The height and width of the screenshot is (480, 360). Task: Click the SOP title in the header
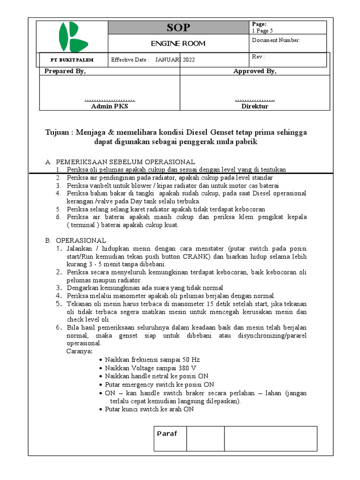(179, 28)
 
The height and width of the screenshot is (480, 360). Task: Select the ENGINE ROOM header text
(178, 44)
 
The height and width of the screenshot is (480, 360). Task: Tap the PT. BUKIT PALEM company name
(72, 60)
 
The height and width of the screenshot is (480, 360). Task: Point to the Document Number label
(276, 40)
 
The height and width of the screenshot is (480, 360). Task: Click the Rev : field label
(258, 57)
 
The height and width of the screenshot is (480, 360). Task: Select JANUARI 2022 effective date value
(175, 60)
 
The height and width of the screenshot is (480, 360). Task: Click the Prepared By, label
(65, 71)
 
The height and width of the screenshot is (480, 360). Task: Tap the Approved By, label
(255, 71)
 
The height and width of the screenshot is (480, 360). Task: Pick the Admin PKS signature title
(109, 106)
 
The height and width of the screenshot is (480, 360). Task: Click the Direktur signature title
(255, 106)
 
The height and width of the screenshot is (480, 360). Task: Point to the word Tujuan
(59, 133)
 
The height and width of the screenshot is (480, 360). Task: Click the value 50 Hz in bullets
(191, 360)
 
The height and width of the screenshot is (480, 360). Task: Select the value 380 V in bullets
(186, 368)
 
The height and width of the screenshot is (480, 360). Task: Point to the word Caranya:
(80, 351)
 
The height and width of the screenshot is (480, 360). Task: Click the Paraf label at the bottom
(167, 434)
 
